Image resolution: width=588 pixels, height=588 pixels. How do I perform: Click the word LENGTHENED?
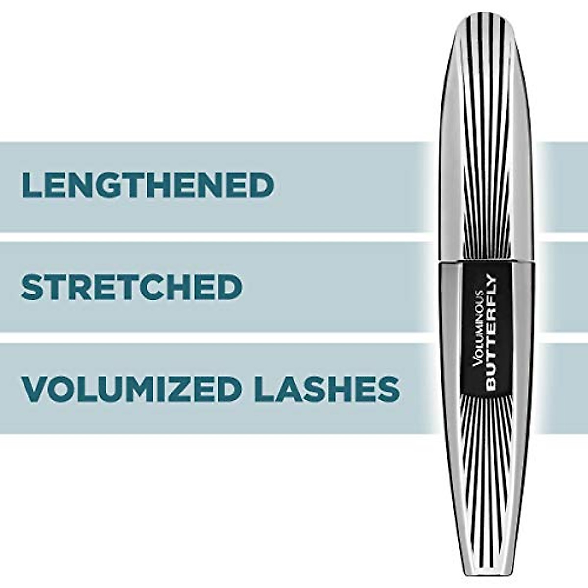click(x=147, y=185)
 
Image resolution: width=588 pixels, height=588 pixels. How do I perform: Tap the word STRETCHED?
click(x=131, y=287)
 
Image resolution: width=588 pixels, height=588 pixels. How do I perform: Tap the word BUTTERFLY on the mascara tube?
click(x=491, y=333)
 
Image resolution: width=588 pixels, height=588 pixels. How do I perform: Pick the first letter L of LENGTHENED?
click(x=31, y=185)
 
